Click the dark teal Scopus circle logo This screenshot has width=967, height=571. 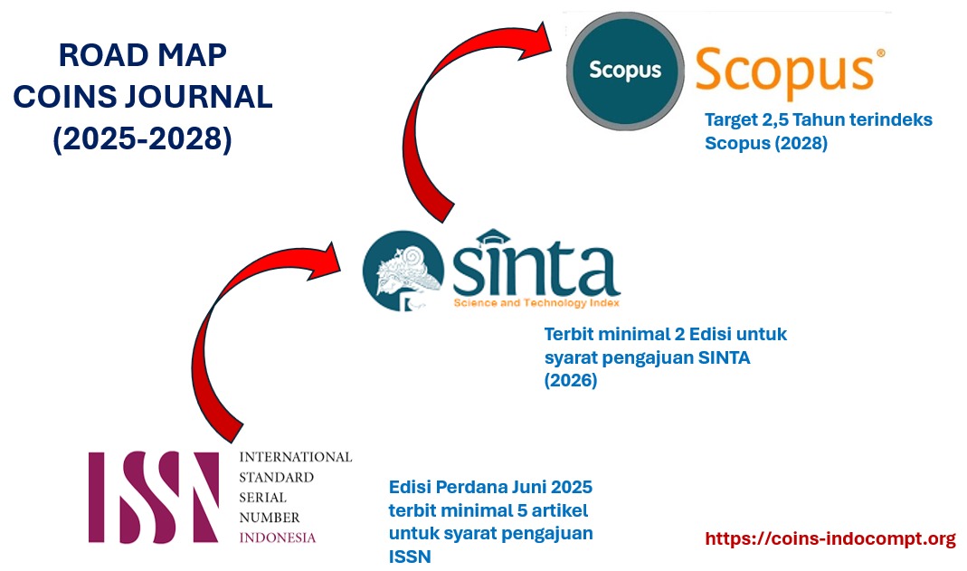tap(625, 71)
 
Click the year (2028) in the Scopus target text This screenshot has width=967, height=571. tap(801, 143)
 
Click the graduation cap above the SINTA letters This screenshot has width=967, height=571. tap(493, 237)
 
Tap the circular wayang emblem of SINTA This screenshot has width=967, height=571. tap(403, 271)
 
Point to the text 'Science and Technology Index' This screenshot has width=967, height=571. tap(536, 303)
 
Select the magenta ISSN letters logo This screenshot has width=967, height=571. tap(154, 497)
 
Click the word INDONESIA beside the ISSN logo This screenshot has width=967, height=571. tap(278, 538)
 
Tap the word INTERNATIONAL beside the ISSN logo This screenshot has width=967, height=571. tap(296, 457)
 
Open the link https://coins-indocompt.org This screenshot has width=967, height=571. tap(830, 538)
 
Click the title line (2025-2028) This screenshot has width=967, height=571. tap(142, 138)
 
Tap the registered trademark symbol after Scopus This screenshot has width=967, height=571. tap(881, 53)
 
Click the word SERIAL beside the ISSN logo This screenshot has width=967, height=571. tap(262, 498)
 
